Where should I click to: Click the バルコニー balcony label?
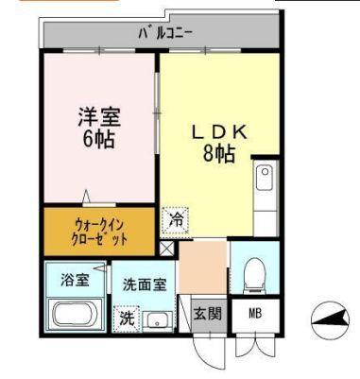(x=165, y=34)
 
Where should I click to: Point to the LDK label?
(x=219, y=133)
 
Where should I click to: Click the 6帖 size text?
(x=98, y=141)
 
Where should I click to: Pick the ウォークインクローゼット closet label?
(x=99, y=232)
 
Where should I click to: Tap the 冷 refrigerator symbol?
(x=176, y=219)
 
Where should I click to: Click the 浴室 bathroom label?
(x=74, y=279)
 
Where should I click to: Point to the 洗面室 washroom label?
(x=143, y=283)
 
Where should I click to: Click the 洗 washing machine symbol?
(x=127, y=318)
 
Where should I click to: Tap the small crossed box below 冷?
(x=167, y=249)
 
